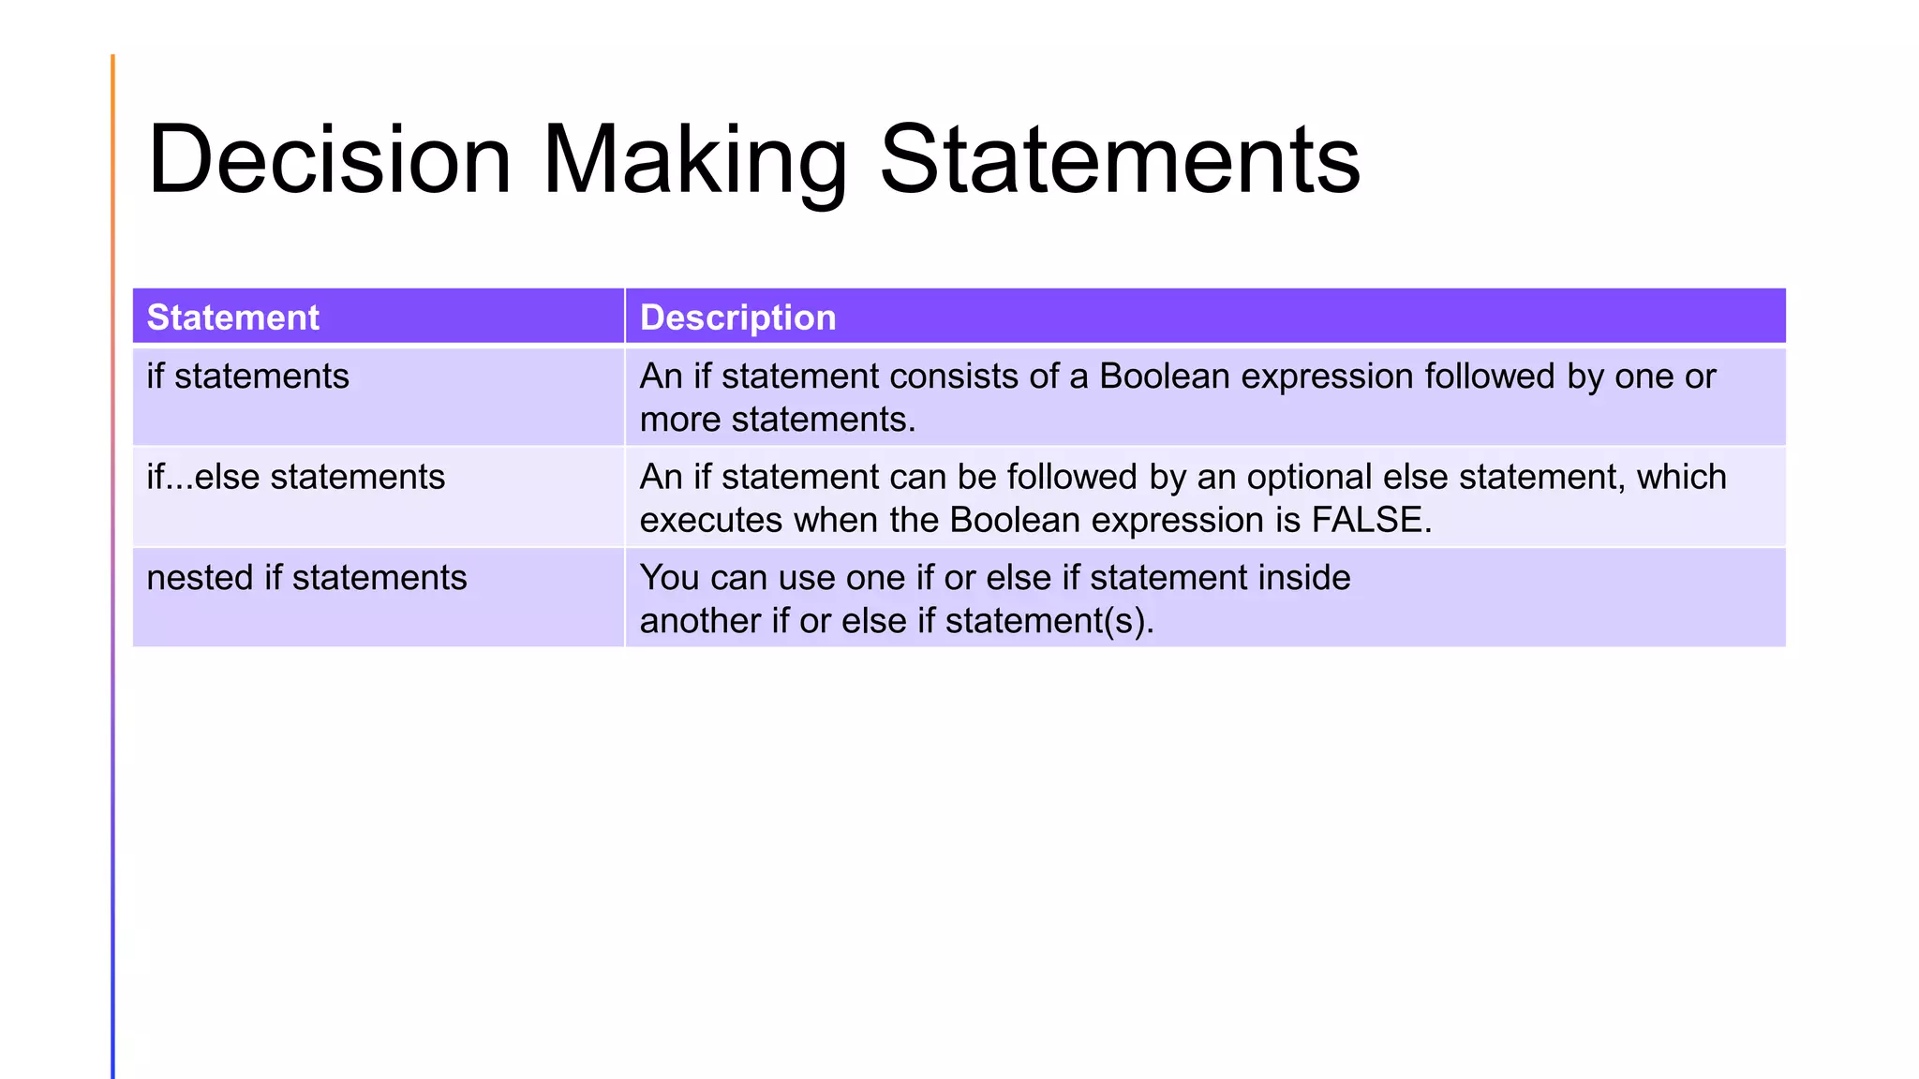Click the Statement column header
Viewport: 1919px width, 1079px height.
(233, 318)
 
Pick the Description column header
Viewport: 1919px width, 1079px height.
(737, 318)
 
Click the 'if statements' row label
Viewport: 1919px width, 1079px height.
(247, 377)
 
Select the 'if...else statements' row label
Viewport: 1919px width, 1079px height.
(296, 478)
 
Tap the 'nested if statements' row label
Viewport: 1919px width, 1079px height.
(306, 578)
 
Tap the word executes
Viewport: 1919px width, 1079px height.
(711, 521)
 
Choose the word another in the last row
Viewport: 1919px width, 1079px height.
(700, 621)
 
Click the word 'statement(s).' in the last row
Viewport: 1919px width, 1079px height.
(1049, 621)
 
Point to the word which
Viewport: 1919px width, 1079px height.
(1681, 478)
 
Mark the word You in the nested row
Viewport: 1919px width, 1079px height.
(669, 578)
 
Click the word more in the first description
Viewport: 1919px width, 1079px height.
(680, 420)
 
